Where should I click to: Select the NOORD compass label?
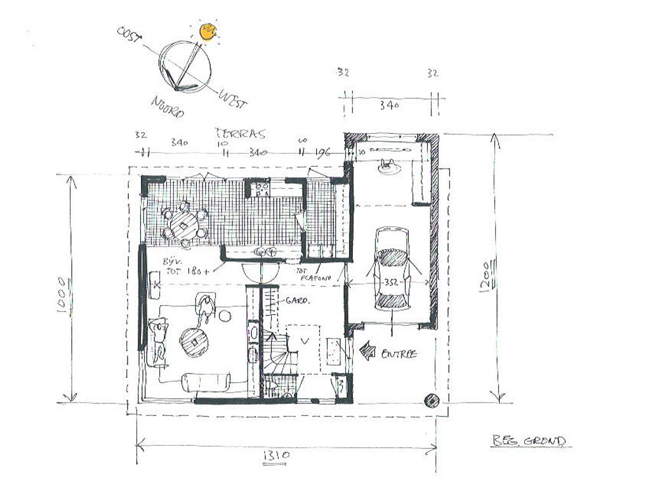[168, 107]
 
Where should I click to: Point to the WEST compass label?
[232, 99]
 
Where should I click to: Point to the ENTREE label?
[399, 354]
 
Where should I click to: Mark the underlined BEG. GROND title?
[529, 441]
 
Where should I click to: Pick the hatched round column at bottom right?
[432, 399]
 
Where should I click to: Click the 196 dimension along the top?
[323, 152]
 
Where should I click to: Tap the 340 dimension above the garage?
[388, 106]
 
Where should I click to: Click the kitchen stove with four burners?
[261, 188]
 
